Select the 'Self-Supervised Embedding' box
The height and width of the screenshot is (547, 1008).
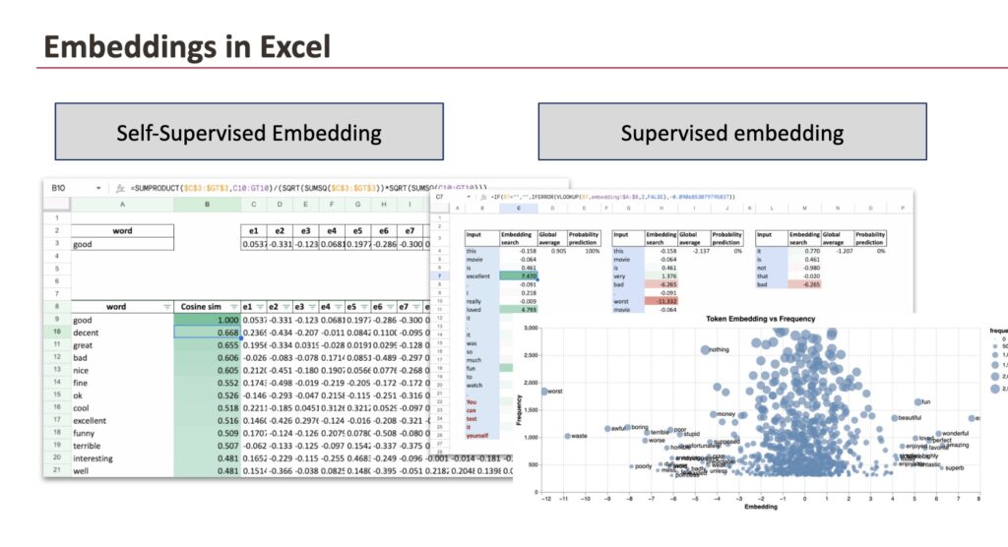[x=250, y=132]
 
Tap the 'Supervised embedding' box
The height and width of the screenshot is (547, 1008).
[x=731, y=132]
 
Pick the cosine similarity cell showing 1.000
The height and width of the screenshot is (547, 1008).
[x=206, y=320]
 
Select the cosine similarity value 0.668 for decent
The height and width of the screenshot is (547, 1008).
[x=206, y=334]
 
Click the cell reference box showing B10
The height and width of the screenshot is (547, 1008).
[x=58, y=187]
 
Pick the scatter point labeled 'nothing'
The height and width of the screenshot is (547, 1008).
[x=705, y=349]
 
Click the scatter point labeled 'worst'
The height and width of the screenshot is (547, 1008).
[x=543, y=392]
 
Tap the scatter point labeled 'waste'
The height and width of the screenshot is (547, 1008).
[x=567, y=436]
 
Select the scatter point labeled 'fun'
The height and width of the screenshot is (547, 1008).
[x=917, y=402]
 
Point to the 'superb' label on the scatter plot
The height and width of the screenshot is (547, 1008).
[x=953, y=468]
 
